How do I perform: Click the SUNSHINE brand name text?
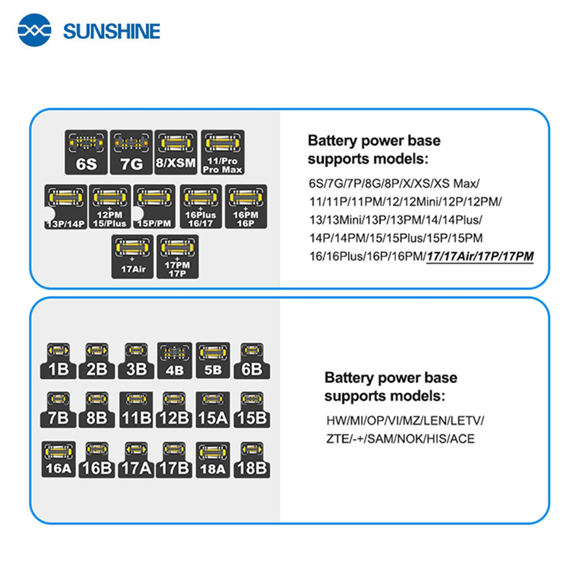111,31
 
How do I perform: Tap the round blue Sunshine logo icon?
34,30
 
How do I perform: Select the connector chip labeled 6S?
86,152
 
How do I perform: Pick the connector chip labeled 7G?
131,152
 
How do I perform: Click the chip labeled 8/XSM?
176,152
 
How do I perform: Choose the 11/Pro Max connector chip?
222,152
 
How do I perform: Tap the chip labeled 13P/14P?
66,207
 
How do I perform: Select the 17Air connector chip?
132,256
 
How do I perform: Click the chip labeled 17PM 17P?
177,256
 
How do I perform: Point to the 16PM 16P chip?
246,207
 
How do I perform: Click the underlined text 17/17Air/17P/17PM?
480,256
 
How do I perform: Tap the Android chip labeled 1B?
58,361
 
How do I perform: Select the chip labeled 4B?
174,361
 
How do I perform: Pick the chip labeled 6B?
251,361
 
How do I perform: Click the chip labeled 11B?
136,410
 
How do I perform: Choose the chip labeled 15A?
213,410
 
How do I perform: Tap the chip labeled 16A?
58,459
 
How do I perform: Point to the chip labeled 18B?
251,459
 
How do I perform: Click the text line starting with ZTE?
400,439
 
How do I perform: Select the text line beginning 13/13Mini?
395,220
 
